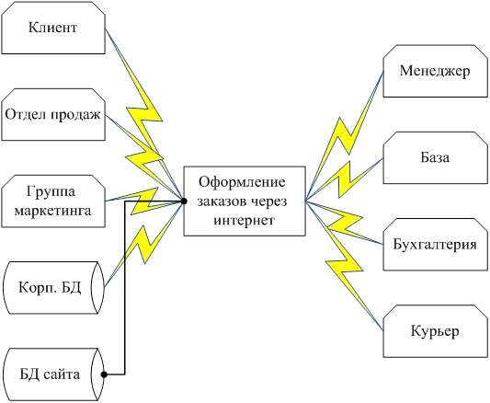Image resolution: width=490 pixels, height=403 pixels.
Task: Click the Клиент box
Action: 53,28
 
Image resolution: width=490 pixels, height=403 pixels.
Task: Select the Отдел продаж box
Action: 53,114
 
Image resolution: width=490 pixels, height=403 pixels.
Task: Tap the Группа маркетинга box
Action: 53,201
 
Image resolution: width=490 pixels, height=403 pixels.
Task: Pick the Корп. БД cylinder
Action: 53,288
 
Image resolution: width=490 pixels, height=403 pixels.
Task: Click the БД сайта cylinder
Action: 53,374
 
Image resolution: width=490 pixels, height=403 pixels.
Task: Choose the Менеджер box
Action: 436,71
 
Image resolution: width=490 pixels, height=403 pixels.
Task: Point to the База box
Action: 436,157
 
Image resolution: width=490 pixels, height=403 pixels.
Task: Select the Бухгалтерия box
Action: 436,245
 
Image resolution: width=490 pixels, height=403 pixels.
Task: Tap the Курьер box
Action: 436,331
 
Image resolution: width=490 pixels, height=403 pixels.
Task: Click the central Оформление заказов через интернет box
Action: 245,201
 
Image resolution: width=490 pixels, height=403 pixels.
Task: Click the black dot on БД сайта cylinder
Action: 104,374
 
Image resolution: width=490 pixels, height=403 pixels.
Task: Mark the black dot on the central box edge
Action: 184,201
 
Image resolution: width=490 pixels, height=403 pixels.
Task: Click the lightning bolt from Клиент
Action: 144,116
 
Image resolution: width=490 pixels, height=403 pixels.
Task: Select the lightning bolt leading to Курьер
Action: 344,266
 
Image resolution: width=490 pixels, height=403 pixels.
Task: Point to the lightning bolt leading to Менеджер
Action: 344,136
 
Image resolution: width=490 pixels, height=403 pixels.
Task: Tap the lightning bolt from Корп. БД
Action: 143,244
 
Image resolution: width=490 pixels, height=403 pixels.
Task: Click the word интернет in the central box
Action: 244,220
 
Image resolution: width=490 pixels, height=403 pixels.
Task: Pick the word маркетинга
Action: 52,211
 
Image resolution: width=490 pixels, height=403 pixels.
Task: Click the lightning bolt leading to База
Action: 344,179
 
